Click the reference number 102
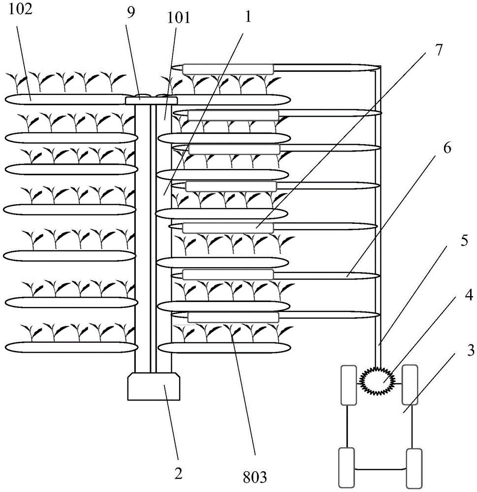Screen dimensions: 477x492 point(20,9)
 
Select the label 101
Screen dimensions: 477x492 point(178,18)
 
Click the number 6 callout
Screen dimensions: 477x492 point(447,148)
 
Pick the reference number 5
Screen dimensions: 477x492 point(464,241)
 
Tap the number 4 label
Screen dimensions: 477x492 point(469,295)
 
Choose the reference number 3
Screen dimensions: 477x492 point(470,350)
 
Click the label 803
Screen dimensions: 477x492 point(254,477)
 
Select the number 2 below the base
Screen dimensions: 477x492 point(178,473)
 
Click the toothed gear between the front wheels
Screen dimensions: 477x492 point(377,381)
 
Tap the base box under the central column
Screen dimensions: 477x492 point(154,386)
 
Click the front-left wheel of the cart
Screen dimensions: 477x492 point(349,385)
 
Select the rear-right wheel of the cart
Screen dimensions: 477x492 point(413,468)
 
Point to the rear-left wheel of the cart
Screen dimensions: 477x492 point(347,467)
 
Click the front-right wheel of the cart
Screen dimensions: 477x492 point(410,385)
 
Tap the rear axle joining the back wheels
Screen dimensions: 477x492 point(381,469)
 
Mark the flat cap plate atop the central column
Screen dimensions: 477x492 point(151,101)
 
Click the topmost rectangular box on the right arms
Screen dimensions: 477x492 point(228,69)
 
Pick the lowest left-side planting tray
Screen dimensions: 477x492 point(71,347)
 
